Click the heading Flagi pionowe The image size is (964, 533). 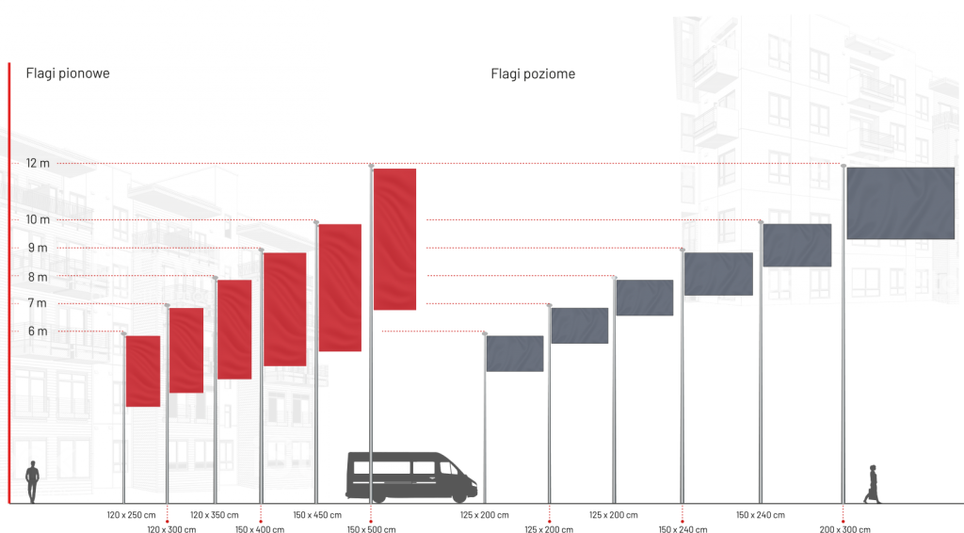68,73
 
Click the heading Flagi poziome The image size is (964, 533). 533,73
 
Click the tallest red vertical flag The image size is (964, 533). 394,239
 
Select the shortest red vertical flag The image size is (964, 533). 143,370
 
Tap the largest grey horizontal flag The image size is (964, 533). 900,202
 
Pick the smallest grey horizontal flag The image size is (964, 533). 514,353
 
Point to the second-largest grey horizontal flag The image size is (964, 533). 796,245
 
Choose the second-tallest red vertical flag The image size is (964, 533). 339,287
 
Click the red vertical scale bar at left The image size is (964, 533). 8,283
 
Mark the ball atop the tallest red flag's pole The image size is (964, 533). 370,166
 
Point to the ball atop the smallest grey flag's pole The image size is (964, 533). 485,333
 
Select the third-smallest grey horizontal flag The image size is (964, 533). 644,298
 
